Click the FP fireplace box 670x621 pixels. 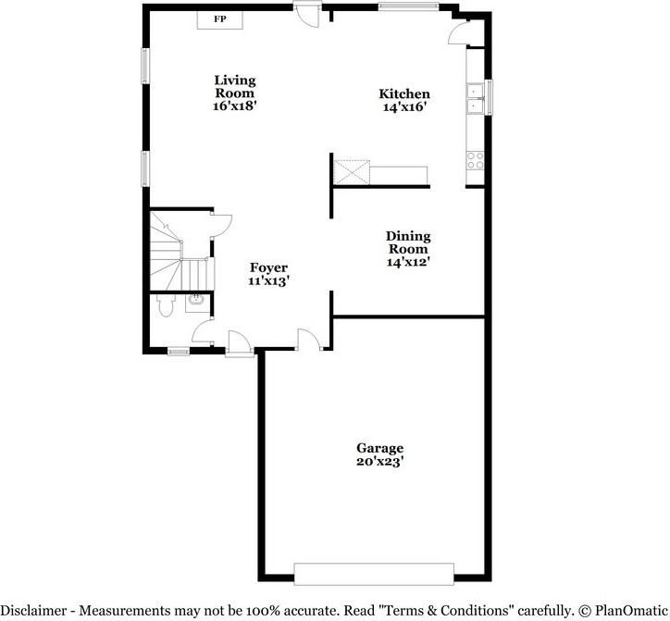tap(219, 19)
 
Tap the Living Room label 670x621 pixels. tap(235, 86)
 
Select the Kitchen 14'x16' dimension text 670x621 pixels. tap(404, 107)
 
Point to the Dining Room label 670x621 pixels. tap(408, 242)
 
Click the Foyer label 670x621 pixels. tap(268, 268)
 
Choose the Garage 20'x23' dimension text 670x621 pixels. tap(379, 460)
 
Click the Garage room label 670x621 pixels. tap(379, 447)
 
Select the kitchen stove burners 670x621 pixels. tap(476, 159)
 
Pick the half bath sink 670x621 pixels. tap(196, 300)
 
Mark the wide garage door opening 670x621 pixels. tap(374, 573)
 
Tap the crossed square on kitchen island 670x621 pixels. tap(352, 172)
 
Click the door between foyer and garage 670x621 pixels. tap(310, 340)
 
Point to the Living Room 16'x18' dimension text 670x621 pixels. tap(235, 106)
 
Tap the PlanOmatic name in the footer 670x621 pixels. tap(629, 610)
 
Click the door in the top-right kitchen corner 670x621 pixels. tap(458, 32)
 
